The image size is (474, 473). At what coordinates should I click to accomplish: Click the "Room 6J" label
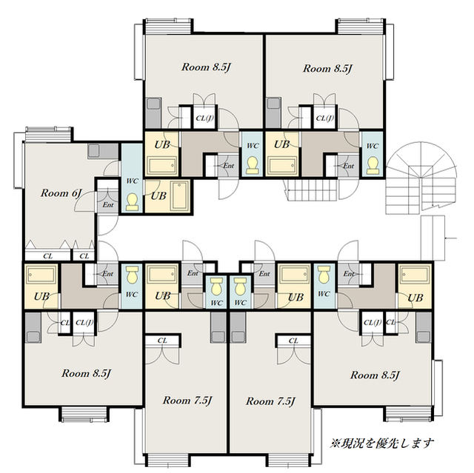point(61,193)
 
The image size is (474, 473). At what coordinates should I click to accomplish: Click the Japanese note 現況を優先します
point(383,443)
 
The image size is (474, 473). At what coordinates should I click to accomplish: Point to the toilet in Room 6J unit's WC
point(132,202)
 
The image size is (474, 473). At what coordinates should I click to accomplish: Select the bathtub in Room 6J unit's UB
point(180,195)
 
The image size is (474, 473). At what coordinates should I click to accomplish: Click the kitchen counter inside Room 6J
point(103,151)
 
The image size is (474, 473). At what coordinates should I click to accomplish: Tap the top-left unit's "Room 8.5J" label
point(206,67)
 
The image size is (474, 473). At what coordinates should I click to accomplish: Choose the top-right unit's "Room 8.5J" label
point(328,69)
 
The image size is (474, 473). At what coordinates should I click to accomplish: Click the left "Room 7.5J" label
point(187,400)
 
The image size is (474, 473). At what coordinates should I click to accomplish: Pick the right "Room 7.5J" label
point(270,401)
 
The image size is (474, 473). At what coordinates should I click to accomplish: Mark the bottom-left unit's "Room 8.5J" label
point(87,374)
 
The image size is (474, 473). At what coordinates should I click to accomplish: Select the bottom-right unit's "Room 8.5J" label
point(375,375)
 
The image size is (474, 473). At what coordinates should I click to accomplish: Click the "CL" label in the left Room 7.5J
point(162,341)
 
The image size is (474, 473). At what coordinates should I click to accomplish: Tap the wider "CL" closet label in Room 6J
point(47,256)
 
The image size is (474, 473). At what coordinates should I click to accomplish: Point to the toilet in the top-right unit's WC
point(373,165)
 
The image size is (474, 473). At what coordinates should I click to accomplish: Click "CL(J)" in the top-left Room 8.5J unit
point(204,118)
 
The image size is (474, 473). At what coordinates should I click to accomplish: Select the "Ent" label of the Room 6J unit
point(108,205)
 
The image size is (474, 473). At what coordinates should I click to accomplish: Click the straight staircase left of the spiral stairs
point(313,190)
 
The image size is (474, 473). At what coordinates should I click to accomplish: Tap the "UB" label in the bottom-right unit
point(415,298)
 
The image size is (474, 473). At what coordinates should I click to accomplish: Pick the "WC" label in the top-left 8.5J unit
point(253,146)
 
